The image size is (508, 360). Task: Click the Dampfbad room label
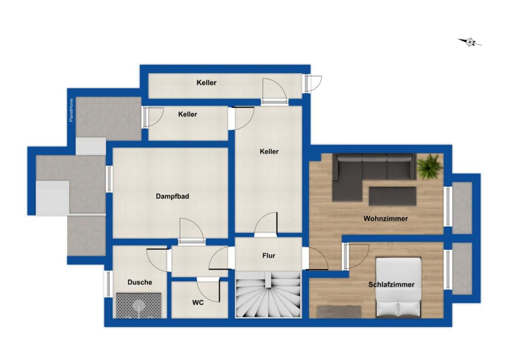click(x=172, y=196)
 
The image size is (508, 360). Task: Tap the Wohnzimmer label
click(x=385, y=218)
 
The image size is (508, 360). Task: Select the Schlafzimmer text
click(x=391, y=285)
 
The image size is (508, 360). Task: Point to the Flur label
click(x=268, y=256)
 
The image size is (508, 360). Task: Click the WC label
click(x=198, y=302)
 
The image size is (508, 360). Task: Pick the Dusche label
click(x=139, y=282)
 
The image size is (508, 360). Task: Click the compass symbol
click(x=469, y=42)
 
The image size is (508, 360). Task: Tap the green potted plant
click(x=430, y=166)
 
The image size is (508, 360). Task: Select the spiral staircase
click(x=268, y=294)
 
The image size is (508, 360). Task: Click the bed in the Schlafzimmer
click(x=398, y=287)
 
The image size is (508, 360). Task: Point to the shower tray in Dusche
click(x=139, y=305)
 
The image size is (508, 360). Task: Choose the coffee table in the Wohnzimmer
click(x=392, y=196)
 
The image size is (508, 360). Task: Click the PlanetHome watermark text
click(x=71, y=110)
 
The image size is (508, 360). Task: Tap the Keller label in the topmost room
click(x=206, y=83)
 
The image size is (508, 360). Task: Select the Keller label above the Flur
click(x=269, y=151)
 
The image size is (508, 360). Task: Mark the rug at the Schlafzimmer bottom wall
click(x=339, y=312)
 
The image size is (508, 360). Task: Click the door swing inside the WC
click(x=208, y=290)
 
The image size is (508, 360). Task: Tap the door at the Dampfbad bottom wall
click(x=192, y=230)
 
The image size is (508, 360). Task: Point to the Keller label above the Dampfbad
click(x=188, y=114)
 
